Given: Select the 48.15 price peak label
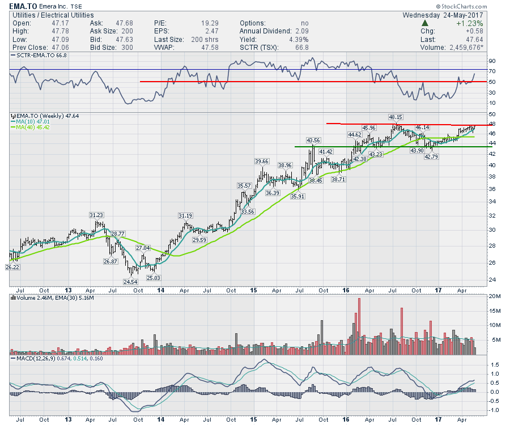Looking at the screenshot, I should point(396,117).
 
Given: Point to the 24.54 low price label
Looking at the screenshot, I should point(130,282).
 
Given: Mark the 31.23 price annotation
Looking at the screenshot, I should point(97,215).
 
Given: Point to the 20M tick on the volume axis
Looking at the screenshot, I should point(494,296).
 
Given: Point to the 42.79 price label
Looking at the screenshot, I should point(432,156).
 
